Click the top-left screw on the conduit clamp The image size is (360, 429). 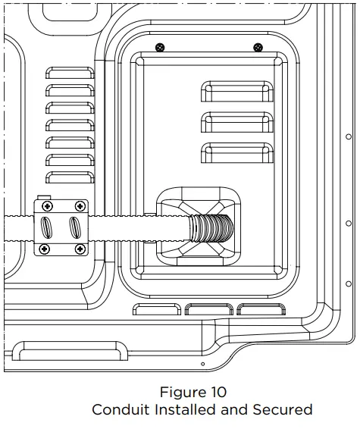(x=46, y=206)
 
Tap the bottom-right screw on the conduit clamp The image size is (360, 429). (x=79, y=248)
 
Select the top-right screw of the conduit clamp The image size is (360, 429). (x=79, y=206)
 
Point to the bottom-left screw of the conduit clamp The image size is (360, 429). (x=46, y=248)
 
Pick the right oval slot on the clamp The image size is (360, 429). (x=74, y=227)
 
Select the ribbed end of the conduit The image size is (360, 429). (x=209, y=227)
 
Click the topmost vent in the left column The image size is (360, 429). (x=70, y=74)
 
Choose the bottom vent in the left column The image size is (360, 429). (x=70, y=177)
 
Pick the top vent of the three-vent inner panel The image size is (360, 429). (x=236, y=92)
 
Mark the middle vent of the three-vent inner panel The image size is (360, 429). (x=236, y=121)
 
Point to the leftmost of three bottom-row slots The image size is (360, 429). (x=157, y=309)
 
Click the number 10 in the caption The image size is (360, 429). (x=216, y=393)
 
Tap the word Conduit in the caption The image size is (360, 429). (x=120, y=410)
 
